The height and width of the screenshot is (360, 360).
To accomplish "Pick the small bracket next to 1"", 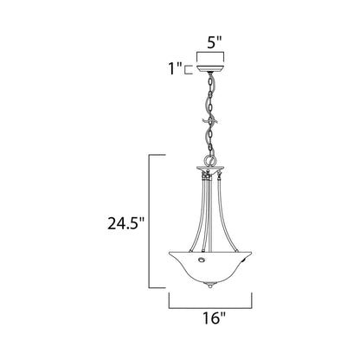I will click(190, 66).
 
